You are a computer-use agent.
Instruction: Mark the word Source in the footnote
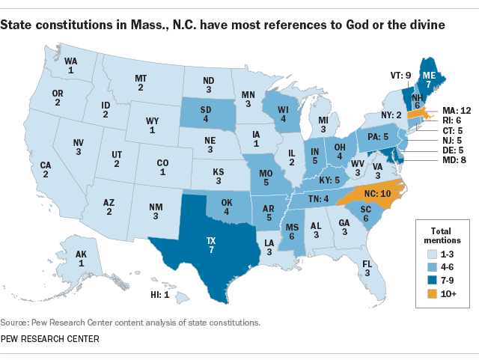[x=14, y=323]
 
